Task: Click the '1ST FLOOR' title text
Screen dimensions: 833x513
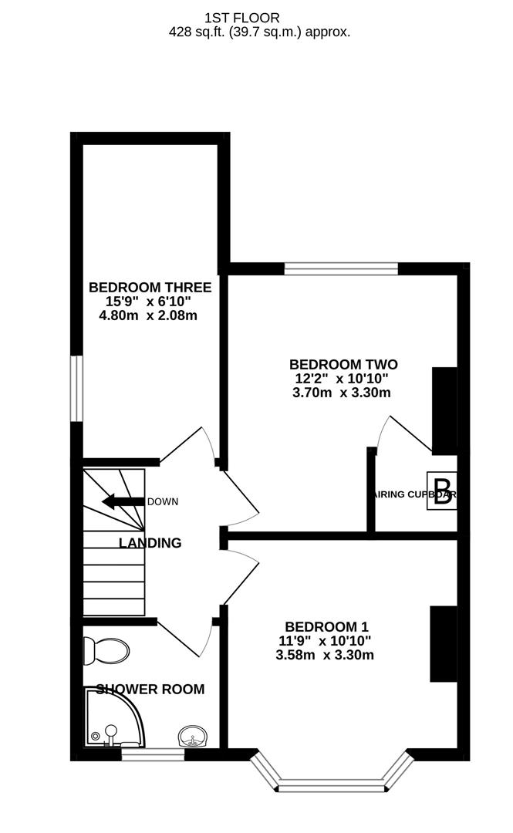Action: pos(242,17)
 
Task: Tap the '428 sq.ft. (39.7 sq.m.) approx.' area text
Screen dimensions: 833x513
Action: pos(259,32)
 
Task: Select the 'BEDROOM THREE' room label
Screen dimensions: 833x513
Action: pos(150,286)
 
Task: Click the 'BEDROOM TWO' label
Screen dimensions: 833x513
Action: pos(343,364)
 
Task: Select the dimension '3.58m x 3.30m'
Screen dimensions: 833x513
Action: pos(324,656)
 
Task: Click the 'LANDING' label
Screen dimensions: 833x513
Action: pos(150,543)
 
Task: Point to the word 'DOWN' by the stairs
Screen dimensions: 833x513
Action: pos(163,501)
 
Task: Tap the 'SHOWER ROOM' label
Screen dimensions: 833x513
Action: pos(150,690)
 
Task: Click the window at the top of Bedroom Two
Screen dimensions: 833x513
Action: pos(341,268)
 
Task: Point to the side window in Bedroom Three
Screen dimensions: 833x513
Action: pos(76,388)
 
